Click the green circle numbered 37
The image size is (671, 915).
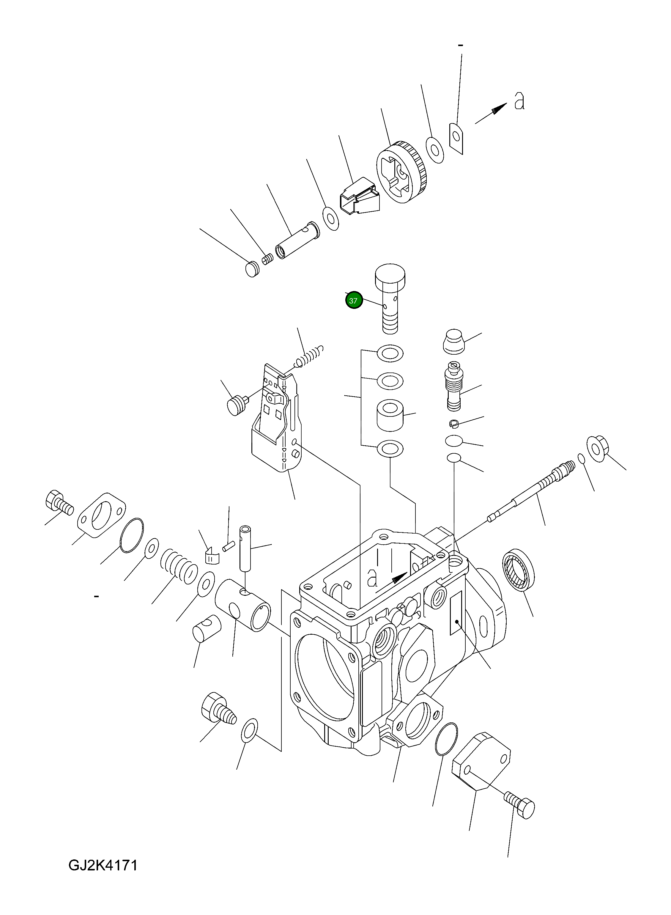coord(353,301)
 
